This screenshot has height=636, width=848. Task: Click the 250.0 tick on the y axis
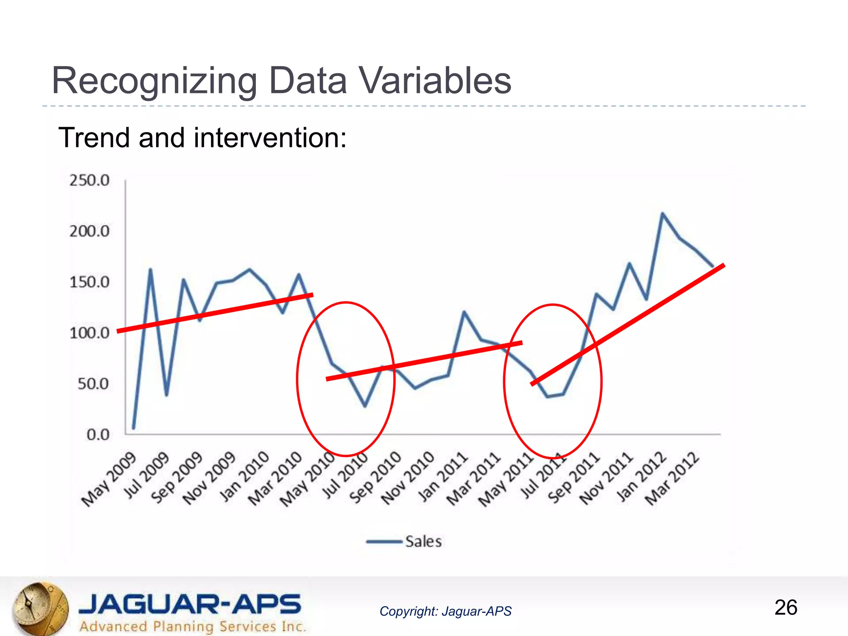[89, 181]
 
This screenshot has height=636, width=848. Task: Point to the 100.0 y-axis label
[89, 333]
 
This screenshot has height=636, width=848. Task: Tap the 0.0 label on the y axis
[98, 435]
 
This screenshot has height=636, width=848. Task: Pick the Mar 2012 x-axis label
[672, 479]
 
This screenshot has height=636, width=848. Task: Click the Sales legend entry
[423, 542]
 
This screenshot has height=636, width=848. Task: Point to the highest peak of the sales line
[662, 214]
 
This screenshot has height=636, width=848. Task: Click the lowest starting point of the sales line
[133, 428]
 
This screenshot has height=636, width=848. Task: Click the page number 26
[785, 607]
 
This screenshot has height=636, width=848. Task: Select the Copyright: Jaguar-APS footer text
[445, 611]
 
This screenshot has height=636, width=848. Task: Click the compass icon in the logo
[40, 608]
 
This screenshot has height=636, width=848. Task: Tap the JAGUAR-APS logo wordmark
[190, 604]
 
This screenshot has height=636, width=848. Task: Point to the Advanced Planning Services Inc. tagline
[193, 626]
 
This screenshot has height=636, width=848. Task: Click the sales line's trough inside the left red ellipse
[365, 406]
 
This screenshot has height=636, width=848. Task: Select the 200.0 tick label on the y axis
[89, 231]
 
